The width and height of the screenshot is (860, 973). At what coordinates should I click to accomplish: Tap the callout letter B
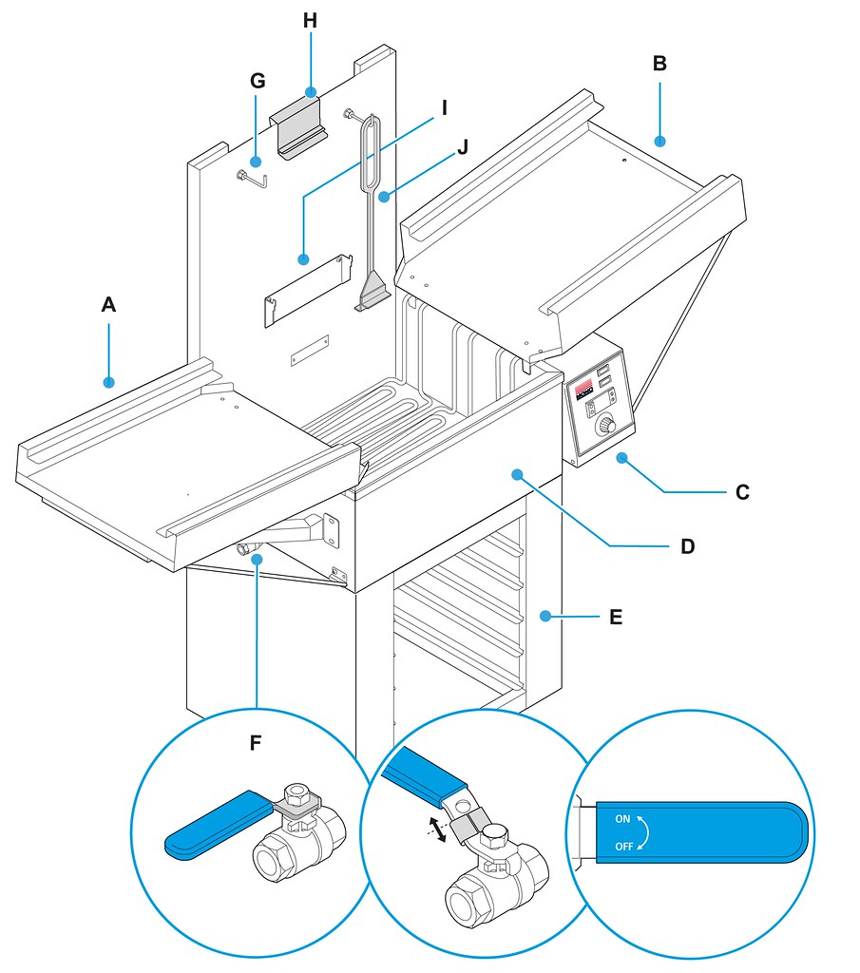tap(659, 65)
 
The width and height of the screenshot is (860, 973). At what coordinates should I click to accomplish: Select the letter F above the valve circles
tap(256, 742)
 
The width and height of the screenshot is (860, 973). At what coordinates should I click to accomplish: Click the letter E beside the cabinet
tap(616, 617)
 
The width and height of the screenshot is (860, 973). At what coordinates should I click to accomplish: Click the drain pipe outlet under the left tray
tap(244, 548)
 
